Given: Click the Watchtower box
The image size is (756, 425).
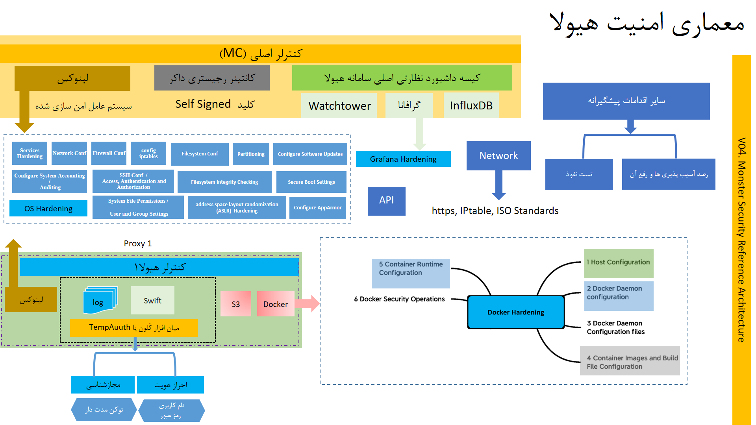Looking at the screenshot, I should click(339, 105).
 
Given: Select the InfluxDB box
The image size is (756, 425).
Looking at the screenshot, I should click(471, 105).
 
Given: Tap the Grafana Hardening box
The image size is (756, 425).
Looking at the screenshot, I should click(403, 159).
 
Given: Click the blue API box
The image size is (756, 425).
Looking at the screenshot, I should click(386, 201).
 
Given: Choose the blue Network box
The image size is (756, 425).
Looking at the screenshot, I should click(498, 156).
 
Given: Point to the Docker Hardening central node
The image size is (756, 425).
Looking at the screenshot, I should click(516, 312).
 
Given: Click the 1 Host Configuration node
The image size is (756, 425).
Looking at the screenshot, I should click(619, 262).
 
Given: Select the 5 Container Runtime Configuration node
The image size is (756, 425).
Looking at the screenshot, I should click(411, 273).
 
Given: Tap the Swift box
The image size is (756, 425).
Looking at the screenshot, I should click(152, 300).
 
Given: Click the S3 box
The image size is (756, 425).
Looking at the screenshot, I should click(236, 304).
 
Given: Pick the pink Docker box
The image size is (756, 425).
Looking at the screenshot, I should click(276, 304).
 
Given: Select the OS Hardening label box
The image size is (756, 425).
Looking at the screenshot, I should click(48, 209).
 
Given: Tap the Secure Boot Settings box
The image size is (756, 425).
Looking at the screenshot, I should click(311, 182).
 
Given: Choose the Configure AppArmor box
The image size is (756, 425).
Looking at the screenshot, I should click(317, 208).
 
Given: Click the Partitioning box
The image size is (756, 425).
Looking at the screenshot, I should click(251, 154).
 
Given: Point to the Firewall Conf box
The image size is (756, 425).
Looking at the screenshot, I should click(109, 153).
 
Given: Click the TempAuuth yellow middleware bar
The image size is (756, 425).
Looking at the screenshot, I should click(134, 327).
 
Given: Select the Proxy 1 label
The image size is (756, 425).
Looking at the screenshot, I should click(138, 244).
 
